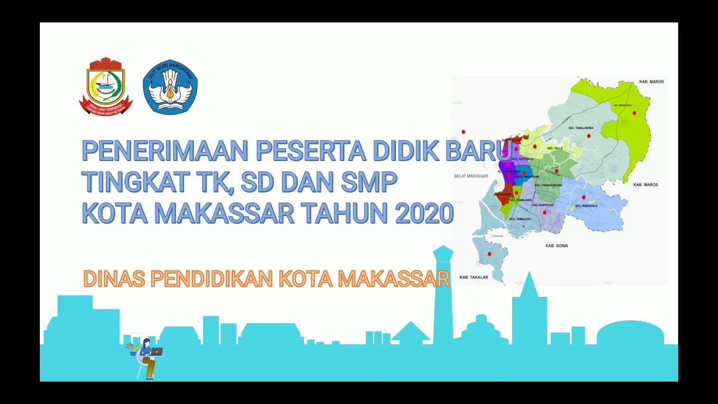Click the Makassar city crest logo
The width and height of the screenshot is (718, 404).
(105, 86)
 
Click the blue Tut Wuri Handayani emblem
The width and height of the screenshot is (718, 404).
(170, 88)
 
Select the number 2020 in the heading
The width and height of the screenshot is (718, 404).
(424, 213)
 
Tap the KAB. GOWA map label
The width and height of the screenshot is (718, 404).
(556, 246)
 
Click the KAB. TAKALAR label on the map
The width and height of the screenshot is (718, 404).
(473, 277)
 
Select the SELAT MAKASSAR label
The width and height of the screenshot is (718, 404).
(471, 176)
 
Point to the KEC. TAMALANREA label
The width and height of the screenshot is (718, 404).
(581, 128)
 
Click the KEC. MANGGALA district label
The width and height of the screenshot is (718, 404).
(586, 206)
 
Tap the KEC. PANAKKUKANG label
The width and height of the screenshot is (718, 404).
(548, 185)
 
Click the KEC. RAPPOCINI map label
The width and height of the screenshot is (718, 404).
(543, 205)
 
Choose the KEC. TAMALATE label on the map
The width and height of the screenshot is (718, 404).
(519, 219)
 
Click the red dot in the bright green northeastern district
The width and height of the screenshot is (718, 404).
(634, 113)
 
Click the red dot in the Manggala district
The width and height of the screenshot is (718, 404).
(584, 197)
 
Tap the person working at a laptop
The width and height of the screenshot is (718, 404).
(148, 357)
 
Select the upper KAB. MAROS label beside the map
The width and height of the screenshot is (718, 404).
(651, 82)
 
